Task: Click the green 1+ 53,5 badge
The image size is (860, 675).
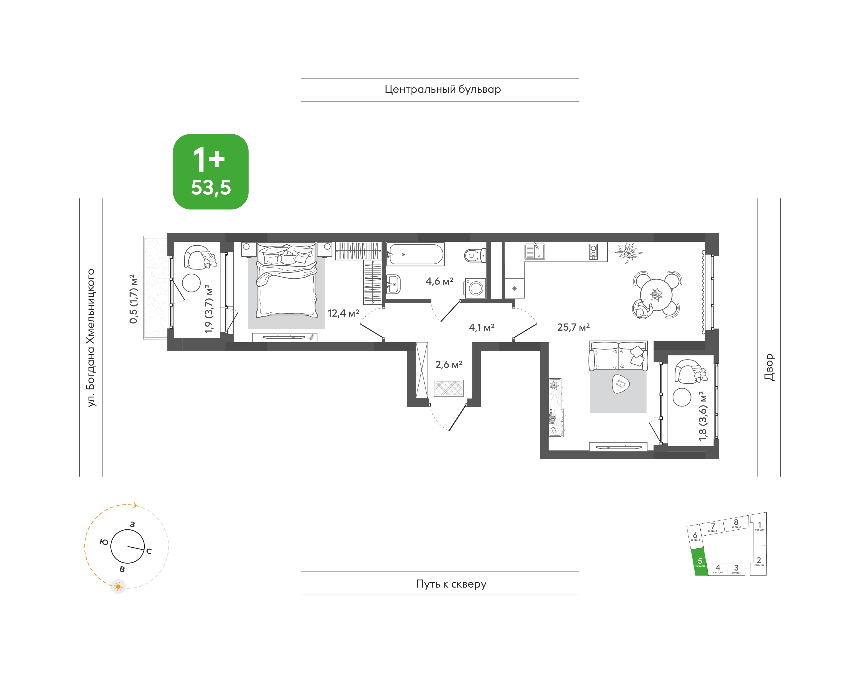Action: pos(211,172)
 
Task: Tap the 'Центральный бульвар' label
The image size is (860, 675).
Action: pos(443,89)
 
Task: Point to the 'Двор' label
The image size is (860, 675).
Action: pos(769,367)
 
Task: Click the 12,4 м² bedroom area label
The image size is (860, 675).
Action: pos(343,313)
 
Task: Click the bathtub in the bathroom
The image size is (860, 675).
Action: pos(415,254)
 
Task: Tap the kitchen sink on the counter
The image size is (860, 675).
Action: pos(534,251)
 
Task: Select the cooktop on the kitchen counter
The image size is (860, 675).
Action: pos(593,251)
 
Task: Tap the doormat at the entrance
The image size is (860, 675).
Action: pos(449,388)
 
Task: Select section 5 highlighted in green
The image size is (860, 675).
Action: pos(699,562)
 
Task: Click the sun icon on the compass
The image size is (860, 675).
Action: pos(118,586)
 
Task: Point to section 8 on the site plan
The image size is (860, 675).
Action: pos(736,523)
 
